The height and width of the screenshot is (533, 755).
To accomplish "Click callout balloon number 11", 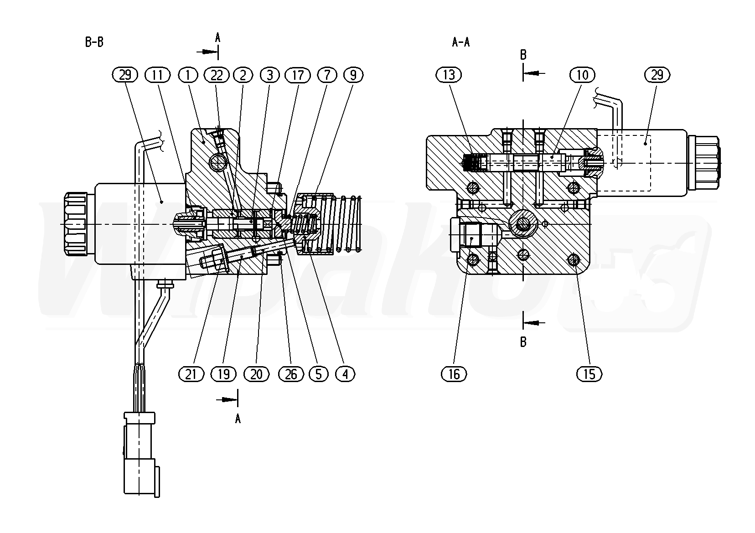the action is click(x=157, y=75).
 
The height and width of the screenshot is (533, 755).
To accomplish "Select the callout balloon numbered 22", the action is click(x=217, y=75).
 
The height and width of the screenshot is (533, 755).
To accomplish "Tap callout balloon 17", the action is click(x=298, y=75).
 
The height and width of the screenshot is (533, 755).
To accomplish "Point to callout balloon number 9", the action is click(x=353, y=75).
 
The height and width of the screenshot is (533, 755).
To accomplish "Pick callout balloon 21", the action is click(x=191, y=374).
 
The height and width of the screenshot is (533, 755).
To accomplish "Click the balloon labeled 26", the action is click(x=291, y=374).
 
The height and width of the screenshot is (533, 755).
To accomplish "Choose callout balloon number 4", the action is click(x=345, y=374).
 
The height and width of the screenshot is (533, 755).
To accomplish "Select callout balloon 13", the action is click(x=449, y=75).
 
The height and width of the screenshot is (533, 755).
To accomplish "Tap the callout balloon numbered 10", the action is click(x=582, y=75).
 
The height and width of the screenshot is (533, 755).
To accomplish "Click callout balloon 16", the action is click(x=454, y=374).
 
